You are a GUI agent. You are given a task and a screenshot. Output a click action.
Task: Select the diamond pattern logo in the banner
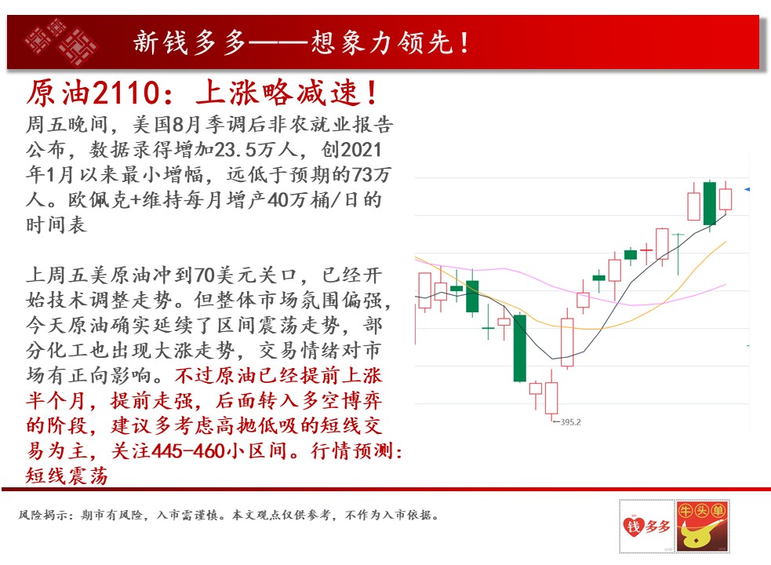pos(61,42)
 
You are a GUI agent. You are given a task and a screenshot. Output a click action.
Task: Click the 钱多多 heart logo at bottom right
pos(646,526)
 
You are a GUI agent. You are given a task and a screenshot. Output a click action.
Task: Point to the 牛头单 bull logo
pos(702,526)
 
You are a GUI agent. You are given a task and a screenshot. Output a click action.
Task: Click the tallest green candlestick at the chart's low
pos(520,348)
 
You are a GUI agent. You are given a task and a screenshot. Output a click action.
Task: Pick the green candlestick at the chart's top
pos(710,203)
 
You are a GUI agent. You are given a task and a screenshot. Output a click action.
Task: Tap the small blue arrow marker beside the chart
pos(747,189)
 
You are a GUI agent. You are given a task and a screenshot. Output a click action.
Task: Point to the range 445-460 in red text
pos(189,450)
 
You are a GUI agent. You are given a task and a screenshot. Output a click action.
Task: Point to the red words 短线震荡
pos(67,476)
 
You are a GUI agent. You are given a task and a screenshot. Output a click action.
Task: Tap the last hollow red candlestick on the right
pos(726,198)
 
